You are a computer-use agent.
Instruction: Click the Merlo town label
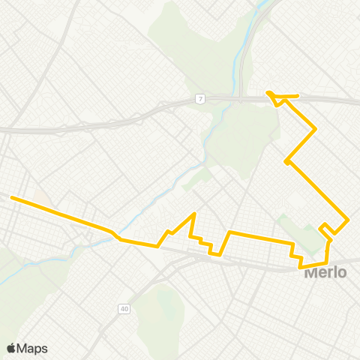point(325,272)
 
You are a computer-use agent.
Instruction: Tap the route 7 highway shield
point(200,99)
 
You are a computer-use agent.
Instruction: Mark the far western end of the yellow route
point(12,198)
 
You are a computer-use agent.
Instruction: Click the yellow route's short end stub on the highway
point(297,95)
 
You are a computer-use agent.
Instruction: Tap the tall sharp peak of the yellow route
point(194,214)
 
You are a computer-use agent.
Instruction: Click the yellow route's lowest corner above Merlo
point(301,266)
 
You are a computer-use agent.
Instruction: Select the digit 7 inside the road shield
point(200,99)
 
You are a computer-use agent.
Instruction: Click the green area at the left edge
point(6,262)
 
